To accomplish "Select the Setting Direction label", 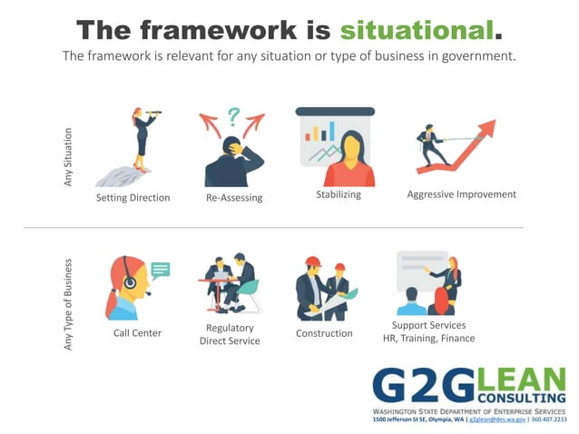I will [132, 197].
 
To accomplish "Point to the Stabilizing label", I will [339, 194].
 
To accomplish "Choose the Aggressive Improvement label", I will [461, 194].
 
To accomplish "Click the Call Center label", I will [137, 333].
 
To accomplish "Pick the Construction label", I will [324, 333].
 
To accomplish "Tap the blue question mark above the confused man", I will [233, 115].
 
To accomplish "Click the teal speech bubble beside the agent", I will [161, 269].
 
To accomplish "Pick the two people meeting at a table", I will [229, 281].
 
